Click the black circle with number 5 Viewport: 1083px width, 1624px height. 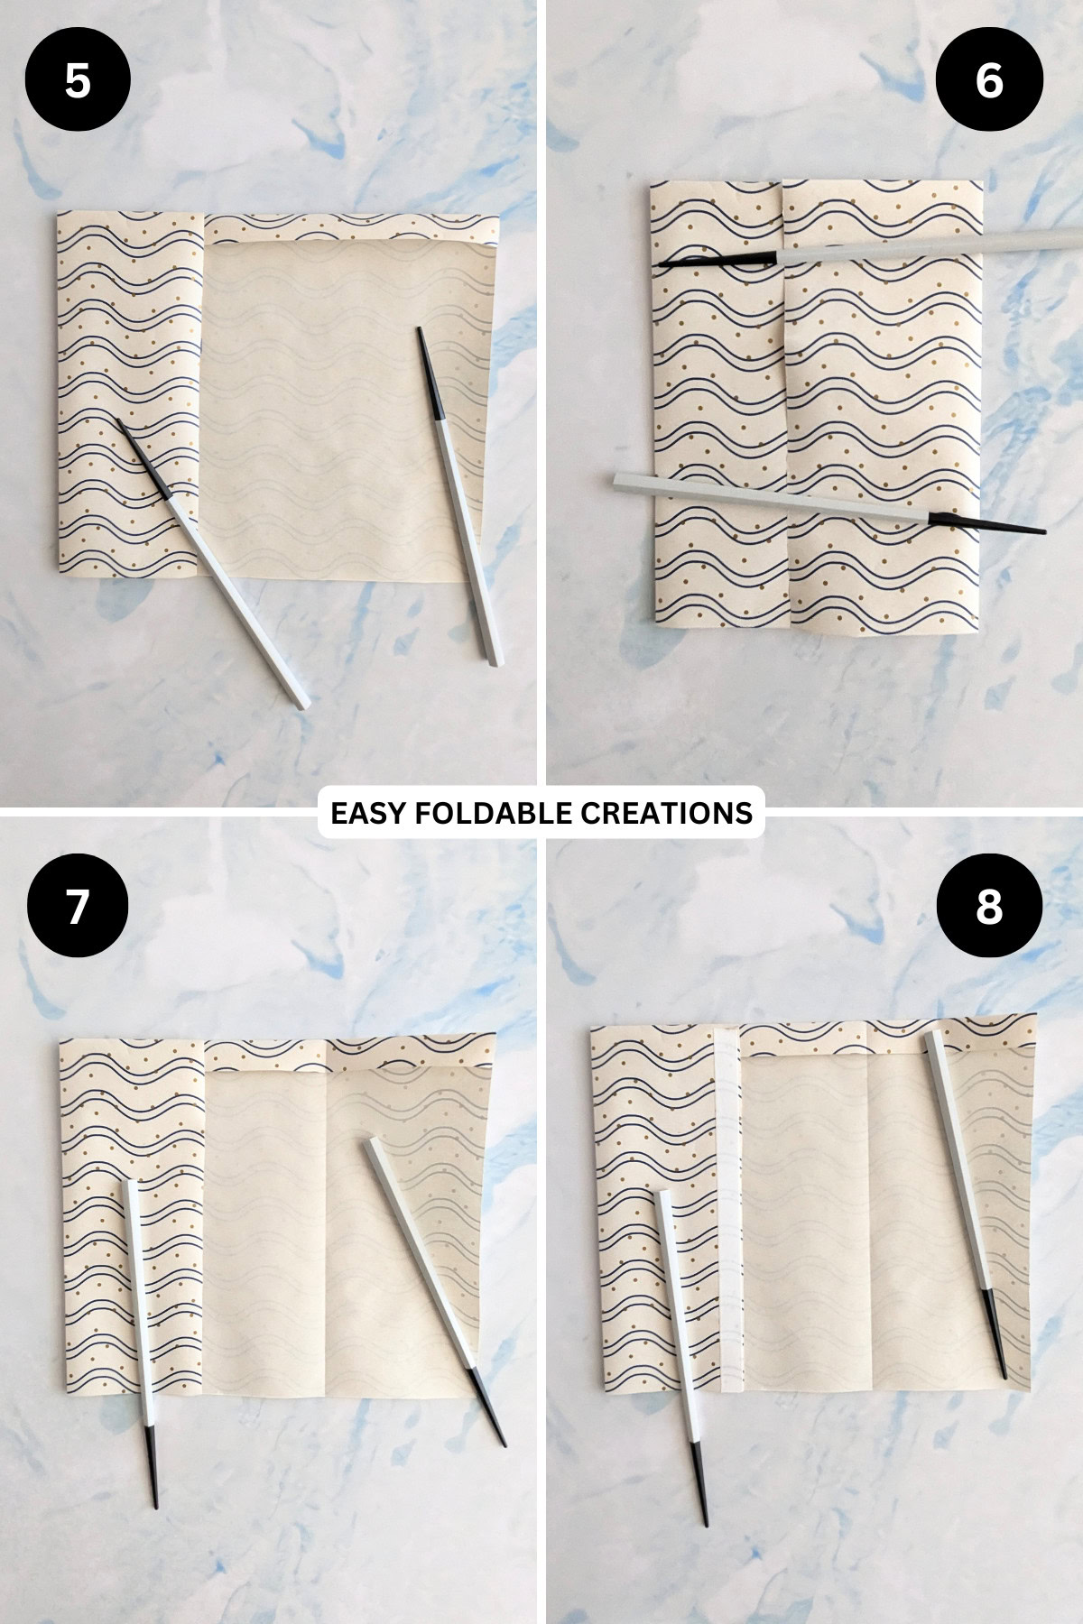pyautogui.click(x=78, y=81)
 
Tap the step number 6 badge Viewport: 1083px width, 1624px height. pyautogui.click(x=989, y=81)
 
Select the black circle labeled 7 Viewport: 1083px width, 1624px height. pyautogui.click(x=78, y=905)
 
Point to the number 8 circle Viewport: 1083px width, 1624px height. pyautogui.click(x=989, y=905)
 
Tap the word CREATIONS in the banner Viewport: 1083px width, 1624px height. pyautogui.click(x=666, y=813)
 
